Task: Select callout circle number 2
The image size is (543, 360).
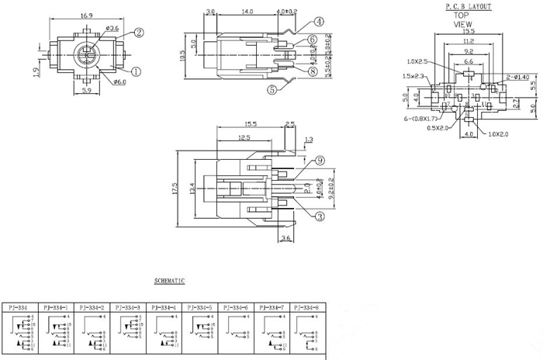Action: [x=139, y=33]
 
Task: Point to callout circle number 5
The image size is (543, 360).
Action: [x=273, y=89]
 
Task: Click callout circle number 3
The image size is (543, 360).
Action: [x=319, y=217]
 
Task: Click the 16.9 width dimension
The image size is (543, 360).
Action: [x=87, y=16]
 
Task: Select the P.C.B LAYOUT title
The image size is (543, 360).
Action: [x=468, y=5]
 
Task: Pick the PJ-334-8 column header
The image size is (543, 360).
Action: [x=311, y=308]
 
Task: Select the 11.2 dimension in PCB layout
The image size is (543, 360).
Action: [x=468, y=40]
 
